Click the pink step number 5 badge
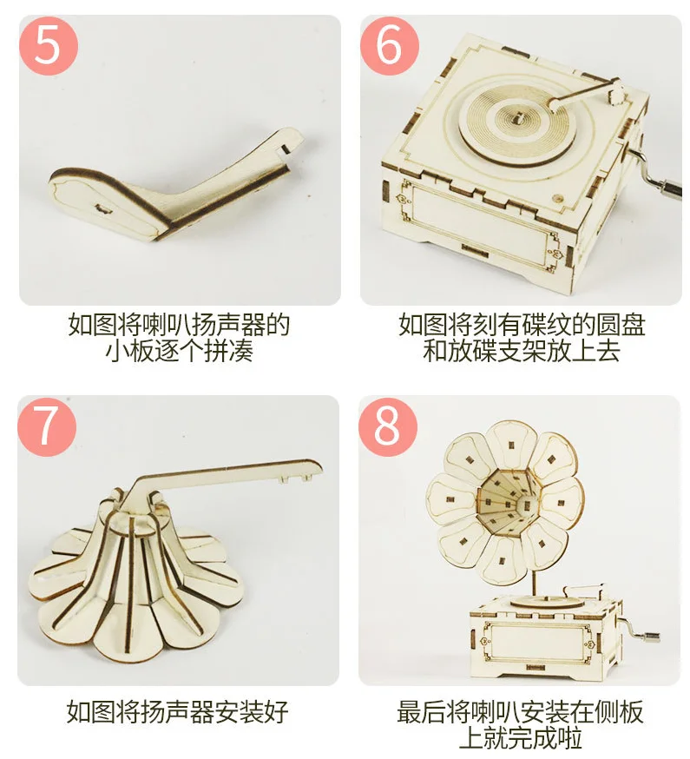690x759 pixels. pyautogui.click(x=49, y=46)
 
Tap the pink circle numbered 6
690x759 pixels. pyautogui.click(x=390, y=46)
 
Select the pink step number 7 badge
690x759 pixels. pyautogui.click(x=47, y=426)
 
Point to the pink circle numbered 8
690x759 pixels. pyautogui.click(x=388, y=426)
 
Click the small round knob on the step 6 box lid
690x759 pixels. pyautogui.click(x=559, y=198)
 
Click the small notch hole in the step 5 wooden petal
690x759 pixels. pyautogui.click(x=103, y=208)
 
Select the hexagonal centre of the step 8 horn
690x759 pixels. pyautogui.click(x=508, y=505)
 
